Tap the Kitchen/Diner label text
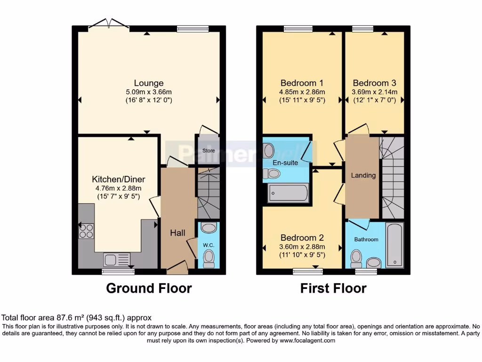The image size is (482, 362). (x=118, y=180)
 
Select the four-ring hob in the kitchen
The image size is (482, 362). (x=86, y=230)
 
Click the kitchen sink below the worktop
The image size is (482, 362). (x=116, y=260)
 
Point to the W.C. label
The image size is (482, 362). (x=209, y=245)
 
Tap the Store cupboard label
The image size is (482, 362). (x=209, y=151)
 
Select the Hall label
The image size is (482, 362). (x=177, y=233)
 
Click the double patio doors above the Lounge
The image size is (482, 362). (x=109, y=24)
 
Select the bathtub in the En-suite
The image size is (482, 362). (x=288, y=193)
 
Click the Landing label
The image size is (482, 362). (x=363, y=175)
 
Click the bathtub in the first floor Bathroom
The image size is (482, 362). (x=394, y=245)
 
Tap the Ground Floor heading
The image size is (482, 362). (x=149, y=288)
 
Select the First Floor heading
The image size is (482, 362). (x=333, y=288)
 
